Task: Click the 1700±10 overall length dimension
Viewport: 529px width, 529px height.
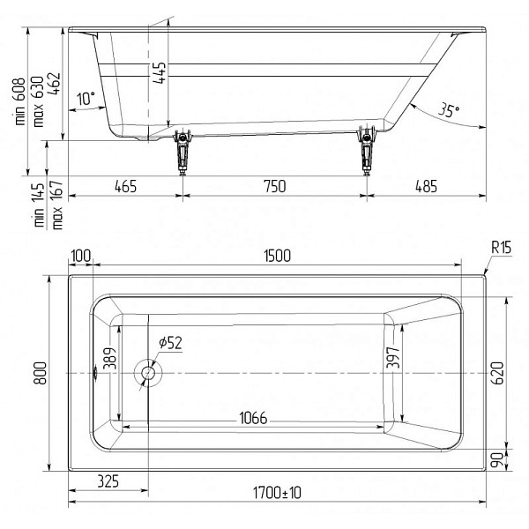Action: pyautogui.click(x=277, y=493)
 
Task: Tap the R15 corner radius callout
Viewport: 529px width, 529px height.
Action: pyautogui.click(x=501, y=247)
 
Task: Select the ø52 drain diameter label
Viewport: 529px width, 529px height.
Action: pyautogui.click(x=170, y=343)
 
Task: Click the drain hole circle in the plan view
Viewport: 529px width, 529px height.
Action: pyautogui.click(x=148, y=373)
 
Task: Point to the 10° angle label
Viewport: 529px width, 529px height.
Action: pyautogui.click(x=86, y=99)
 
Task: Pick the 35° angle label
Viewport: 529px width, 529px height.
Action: pyautogui.click(x=449, y=110)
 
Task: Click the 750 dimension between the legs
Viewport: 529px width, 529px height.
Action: pyautogui.click(x=275, y=186)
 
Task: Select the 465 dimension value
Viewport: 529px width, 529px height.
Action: pyautogui.click(x=125, y=186)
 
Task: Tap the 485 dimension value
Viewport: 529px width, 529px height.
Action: pyautogui.click(x=426, y=186)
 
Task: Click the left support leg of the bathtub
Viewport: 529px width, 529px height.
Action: pyautogui.click(x=183, y=151)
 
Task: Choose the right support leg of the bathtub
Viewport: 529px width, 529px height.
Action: pyautogui.click(x=367, y=151)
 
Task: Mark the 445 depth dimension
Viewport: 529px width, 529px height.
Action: pyautogui.click(x=159, y=72)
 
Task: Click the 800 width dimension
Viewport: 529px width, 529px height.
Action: pyautogui.click(x=41, y=373)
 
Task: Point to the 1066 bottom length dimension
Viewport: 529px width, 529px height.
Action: pyautogui.click(x=253, y=418)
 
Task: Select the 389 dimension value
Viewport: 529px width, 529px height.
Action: pyautogui.click(x=111, y=358)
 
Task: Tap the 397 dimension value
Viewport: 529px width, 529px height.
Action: pyautogui.click(x=393, y=358)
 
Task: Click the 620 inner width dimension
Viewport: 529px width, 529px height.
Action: pyautogui.click(x=498, y=373)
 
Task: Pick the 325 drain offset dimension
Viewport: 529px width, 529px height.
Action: pyautogui.click(x=108, y=481)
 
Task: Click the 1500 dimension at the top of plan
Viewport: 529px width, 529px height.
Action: pyautogui.click(x=277, y=256)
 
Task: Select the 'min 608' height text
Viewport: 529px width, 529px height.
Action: pyautogui.click(x=19, y=101)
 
